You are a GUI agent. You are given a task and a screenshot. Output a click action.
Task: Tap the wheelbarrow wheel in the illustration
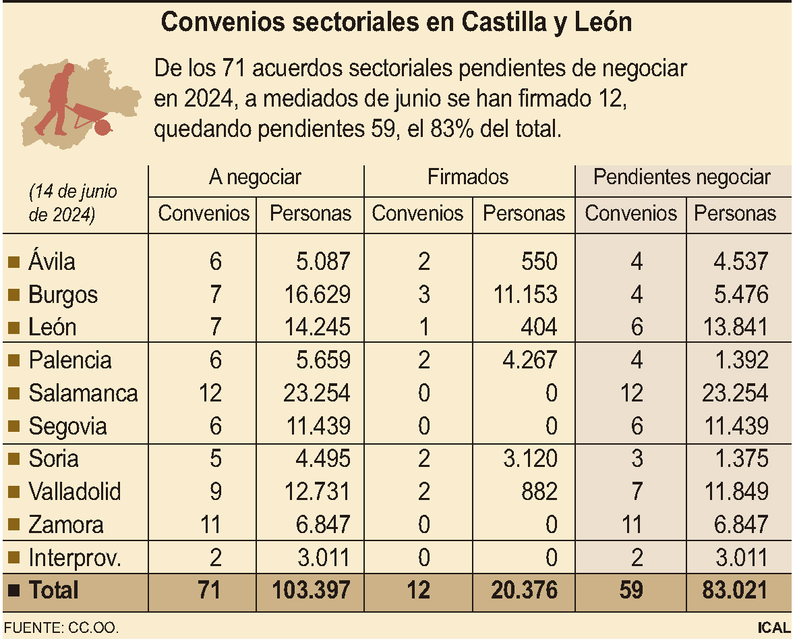(x=103, y=128)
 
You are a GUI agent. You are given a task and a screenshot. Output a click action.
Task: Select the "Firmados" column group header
(x=468, y=177)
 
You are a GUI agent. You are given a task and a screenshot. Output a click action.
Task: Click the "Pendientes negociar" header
(x=682, y=177)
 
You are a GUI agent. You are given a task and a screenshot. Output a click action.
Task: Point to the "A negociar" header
(x=255, y=177)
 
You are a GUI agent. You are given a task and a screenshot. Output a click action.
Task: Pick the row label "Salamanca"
(x=83, y=393)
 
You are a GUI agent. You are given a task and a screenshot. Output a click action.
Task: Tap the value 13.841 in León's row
(x=734, y=327)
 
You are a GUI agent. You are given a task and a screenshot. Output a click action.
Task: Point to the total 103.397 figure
(x=311, y=590)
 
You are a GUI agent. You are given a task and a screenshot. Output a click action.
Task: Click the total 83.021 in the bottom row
(x=734, y=590)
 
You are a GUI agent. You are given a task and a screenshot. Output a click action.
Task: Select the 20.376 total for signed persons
(x=524, y=590)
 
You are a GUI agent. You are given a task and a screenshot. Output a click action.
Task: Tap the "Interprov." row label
(x=75, y=558)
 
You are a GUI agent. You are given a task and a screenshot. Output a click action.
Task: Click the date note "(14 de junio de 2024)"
(x=73, y=203)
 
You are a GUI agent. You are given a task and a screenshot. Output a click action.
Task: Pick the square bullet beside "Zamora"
(x=14, y=524)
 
